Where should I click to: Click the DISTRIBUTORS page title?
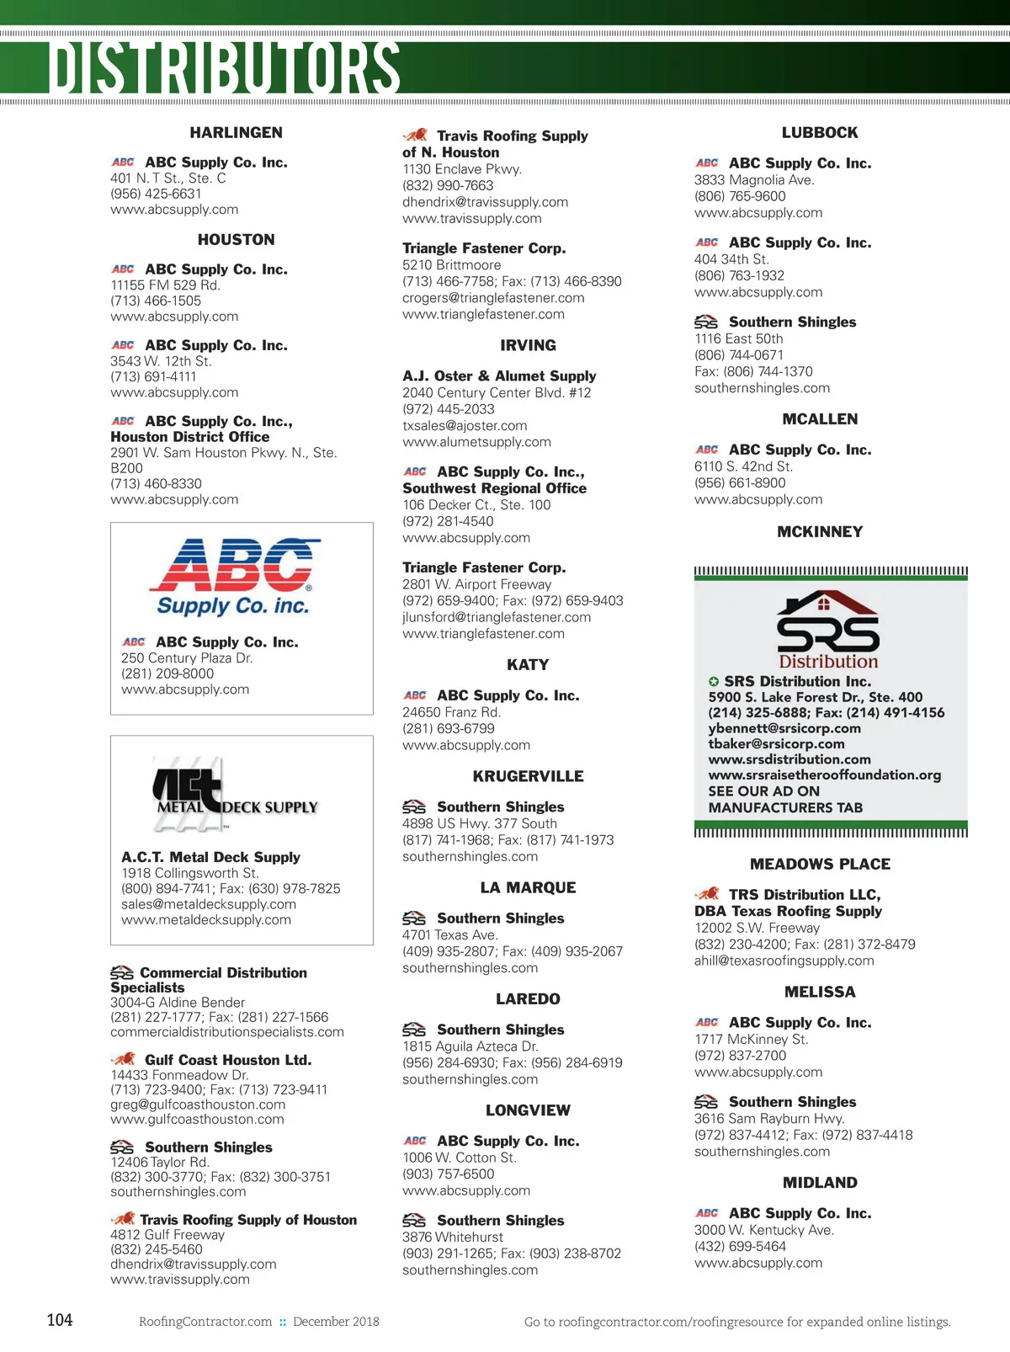click(224, 67)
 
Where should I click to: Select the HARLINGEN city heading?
click(236, 133)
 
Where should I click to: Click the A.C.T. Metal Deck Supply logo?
click(235, 792)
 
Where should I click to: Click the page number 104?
click(60, 1320)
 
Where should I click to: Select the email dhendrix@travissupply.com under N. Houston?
click(485, 202)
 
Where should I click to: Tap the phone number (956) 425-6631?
click(156, 194)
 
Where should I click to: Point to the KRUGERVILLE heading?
click(528, 776)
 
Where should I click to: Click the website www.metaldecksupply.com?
click(206, 920)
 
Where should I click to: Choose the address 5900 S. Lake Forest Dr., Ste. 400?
click(815, 697)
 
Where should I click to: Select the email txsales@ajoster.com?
click(465, 426)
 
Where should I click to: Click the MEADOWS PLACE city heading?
click(820, 865)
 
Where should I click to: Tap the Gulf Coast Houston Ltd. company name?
click(228, 1060)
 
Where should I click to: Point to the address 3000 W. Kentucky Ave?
click(763, 1230)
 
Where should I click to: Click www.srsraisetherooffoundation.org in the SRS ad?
click(824, 775)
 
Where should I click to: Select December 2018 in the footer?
click(336, 1322)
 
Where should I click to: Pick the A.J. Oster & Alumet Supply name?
click(499, 376)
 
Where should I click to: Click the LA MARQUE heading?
click(528, 888)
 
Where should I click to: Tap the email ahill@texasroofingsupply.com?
click(784, 961)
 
